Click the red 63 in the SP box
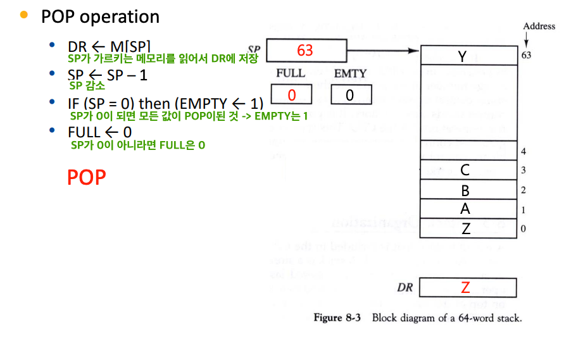[x=305, y=50]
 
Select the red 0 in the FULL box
[x=292, y=95]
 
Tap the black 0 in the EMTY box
[x=349, y=95]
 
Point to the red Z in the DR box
[x=465, y=288]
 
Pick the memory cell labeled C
[x=465, y=170]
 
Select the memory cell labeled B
[x=465, y=190]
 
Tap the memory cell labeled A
[x=465, y=209]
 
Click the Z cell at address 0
[x=466, y=228]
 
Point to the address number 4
[x=524, y=151]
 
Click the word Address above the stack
[x=539, y=26]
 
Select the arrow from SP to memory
[x=384, y=51]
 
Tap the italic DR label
[x=405, y=288]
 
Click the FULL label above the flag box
[x=290, y=73]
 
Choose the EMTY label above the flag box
[x=350, y=73]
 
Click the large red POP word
[x=86, y=178]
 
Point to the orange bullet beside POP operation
[x=25, y=15]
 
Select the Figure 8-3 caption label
[x=337, y=318]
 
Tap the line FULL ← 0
[x=99, y=132]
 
